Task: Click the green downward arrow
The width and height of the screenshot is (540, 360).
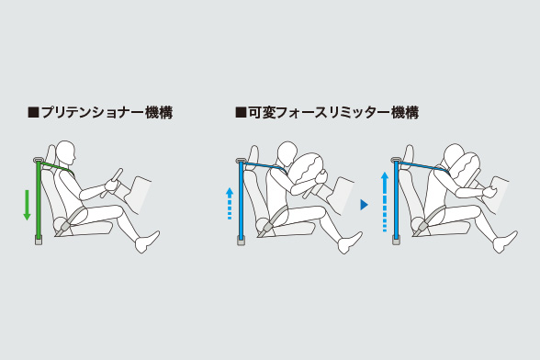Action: pyautogui.click(x=27, y=205)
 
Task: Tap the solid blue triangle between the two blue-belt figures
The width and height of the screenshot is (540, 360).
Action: pyautogui.click(x=364, y=205)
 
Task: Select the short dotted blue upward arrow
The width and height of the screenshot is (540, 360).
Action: pyautogui.click(x=230, y=203)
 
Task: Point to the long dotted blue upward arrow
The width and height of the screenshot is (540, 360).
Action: pyautogui.click(x=385, y=202)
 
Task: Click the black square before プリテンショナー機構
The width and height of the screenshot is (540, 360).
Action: pyautogui.click(x=33, y=113)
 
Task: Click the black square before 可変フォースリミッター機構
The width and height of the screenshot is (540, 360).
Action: pyautogui.click(x=241, y=113)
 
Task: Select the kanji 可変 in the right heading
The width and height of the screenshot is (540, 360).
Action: pyautogui.click(x=262, y=113)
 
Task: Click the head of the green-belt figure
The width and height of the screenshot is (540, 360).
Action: pyautogui.click(x=65, y=153)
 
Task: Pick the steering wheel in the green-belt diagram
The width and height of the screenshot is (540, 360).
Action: pyautogui.click(x=113, y=182)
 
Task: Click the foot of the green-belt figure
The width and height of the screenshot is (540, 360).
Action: pyautogui.click(x=147, y=242)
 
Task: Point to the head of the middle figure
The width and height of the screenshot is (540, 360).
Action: pyautogui.click(x=287, y=154)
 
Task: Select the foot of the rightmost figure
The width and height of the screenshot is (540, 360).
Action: pyautogui.click(x=505, y=242)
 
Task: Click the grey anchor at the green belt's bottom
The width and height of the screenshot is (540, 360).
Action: pyautogui.click(x=39, y=241)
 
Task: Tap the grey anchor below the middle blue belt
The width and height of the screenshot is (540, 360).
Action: pyautogui.click(x=242, y=241)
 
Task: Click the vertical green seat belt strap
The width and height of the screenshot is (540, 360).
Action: pyautogui.click(x=39, y=199)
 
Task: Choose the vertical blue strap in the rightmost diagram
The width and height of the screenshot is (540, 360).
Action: pyautogui.click(x=397, y=199)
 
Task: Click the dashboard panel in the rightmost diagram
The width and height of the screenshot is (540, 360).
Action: pyautogui.click(x=500, y=195)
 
